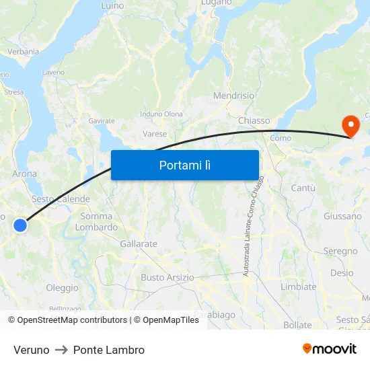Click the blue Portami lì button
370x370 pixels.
coord(184,165)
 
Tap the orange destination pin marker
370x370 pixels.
coord(350,125)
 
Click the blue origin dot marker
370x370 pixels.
coord(20,225)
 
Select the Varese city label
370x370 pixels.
coord(155,134)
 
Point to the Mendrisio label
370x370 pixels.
coord(233,96)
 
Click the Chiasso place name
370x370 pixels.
coord(254,120)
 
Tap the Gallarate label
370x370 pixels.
coord(138,244)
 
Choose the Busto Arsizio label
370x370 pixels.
coord(167,277)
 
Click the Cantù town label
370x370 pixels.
coord(303,188)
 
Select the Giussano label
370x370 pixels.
coord(342,216)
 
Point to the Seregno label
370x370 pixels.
coord(340,251)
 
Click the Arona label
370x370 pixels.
coord(25,174)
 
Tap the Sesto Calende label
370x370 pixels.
coord(61,199)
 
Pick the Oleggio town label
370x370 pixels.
coord(62,288)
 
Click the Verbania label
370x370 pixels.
coord(23,51)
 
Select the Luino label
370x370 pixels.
coord(112,5)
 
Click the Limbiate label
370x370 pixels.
coord(298,287)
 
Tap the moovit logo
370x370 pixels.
coord(330,348)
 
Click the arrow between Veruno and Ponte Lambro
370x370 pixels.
coord(61,350)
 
